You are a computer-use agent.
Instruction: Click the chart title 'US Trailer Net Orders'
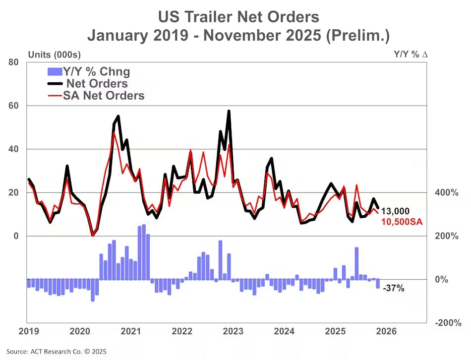point(238,17)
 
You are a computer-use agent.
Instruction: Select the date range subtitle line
point(238,36)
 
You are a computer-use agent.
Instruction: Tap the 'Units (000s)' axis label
point(55,55)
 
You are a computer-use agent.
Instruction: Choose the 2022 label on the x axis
point(182,332)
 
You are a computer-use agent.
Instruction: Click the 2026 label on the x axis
point(387,332)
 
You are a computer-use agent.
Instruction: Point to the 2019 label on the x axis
point(29,332)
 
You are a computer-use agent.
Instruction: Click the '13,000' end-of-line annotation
point(399,211)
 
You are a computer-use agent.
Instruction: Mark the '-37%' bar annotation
point(394,288)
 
